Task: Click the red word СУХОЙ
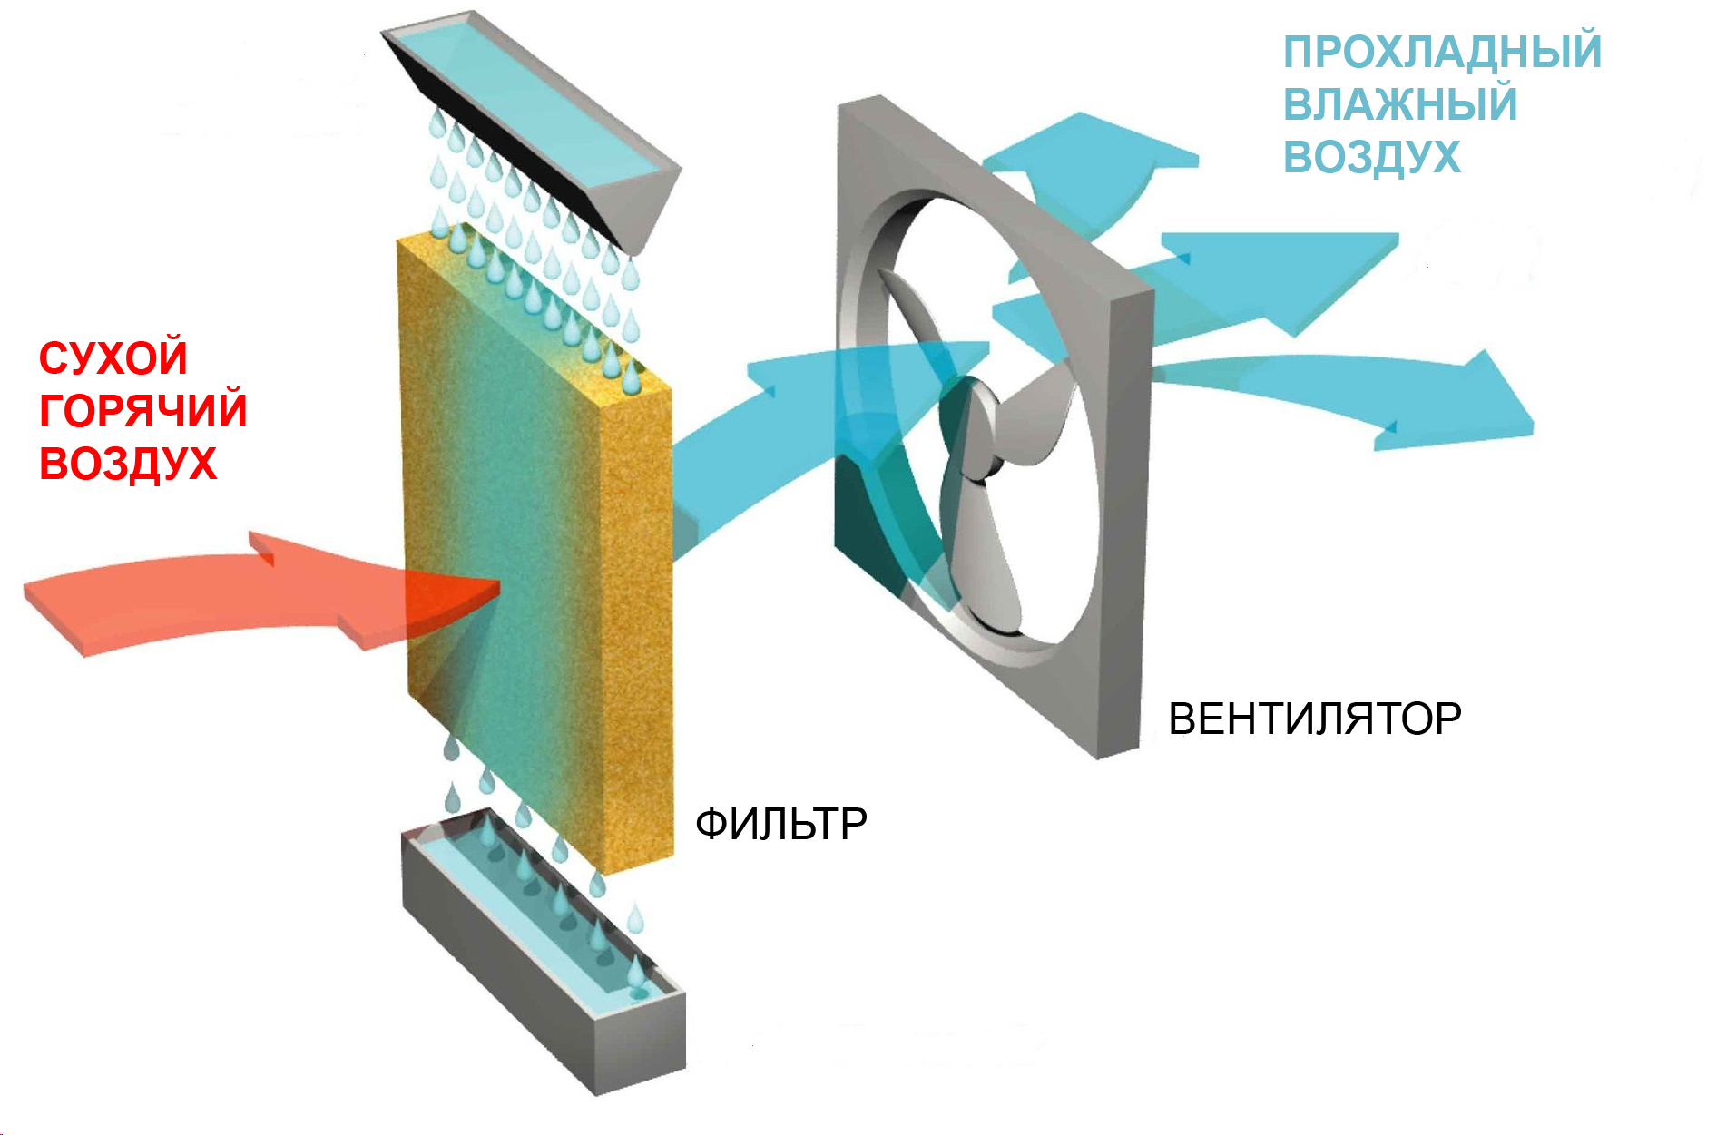click(113, 357)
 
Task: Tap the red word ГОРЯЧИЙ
click(142, 410)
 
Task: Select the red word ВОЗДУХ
click(128, 463)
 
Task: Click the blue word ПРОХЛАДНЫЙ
click(1442, 52)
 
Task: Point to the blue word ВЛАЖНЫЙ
click(1399, 103)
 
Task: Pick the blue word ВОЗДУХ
click(1371, 156)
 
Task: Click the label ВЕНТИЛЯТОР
click(1314, 719)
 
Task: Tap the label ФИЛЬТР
click(780, 824)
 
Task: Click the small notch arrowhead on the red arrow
click(263, 547)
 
